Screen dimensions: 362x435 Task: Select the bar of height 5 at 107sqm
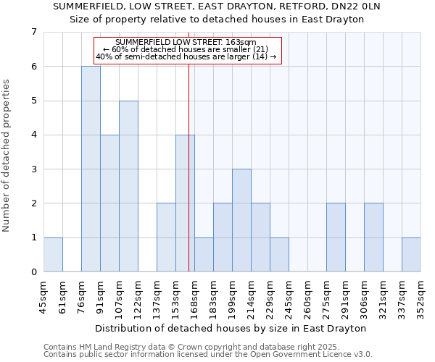(128, 186)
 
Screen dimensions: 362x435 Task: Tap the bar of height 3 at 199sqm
(241, 220)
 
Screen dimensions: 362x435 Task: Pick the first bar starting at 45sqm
(53, 254)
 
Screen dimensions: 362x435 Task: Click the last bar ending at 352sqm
(411, 254)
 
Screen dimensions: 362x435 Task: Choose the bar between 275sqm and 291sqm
(336, 237)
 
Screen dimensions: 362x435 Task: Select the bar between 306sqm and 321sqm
(373, 237)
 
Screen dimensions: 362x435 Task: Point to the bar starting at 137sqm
(166, 237)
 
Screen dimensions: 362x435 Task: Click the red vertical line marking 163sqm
(188, 181)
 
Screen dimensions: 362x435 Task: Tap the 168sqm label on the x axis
(195, 298)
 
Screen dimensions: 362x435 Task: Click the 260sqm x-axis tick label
(308, 298)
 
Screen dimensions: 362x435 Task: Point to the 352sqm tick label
(421, 298)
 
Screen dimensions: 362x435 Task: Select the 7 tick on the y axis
(33, 32)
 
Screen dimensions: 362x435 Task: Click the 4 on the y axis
(33, 135)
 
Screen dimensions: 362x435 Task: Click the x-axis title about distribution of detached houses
(231, 328)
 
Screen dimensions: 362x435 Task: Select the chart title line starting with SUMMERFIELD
(217, 6)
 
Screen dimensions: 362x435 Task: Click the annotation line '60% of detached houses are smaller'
(186, 49)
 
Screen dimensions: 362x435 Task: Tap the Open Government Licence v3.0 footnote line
(207, 355)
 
